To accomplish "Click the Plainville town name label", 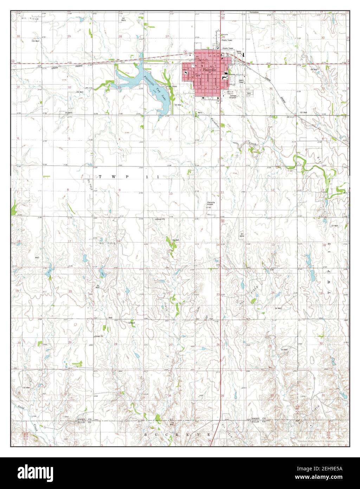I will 208,70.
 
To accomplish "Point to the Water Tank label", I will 239,52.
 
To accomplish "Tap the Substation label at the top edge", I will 254,12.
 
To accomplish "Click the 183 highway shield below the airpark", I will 223,221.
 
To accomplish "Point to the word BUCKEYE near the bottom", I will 178,435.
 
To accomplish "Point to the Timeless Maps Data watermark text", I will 321,441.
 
